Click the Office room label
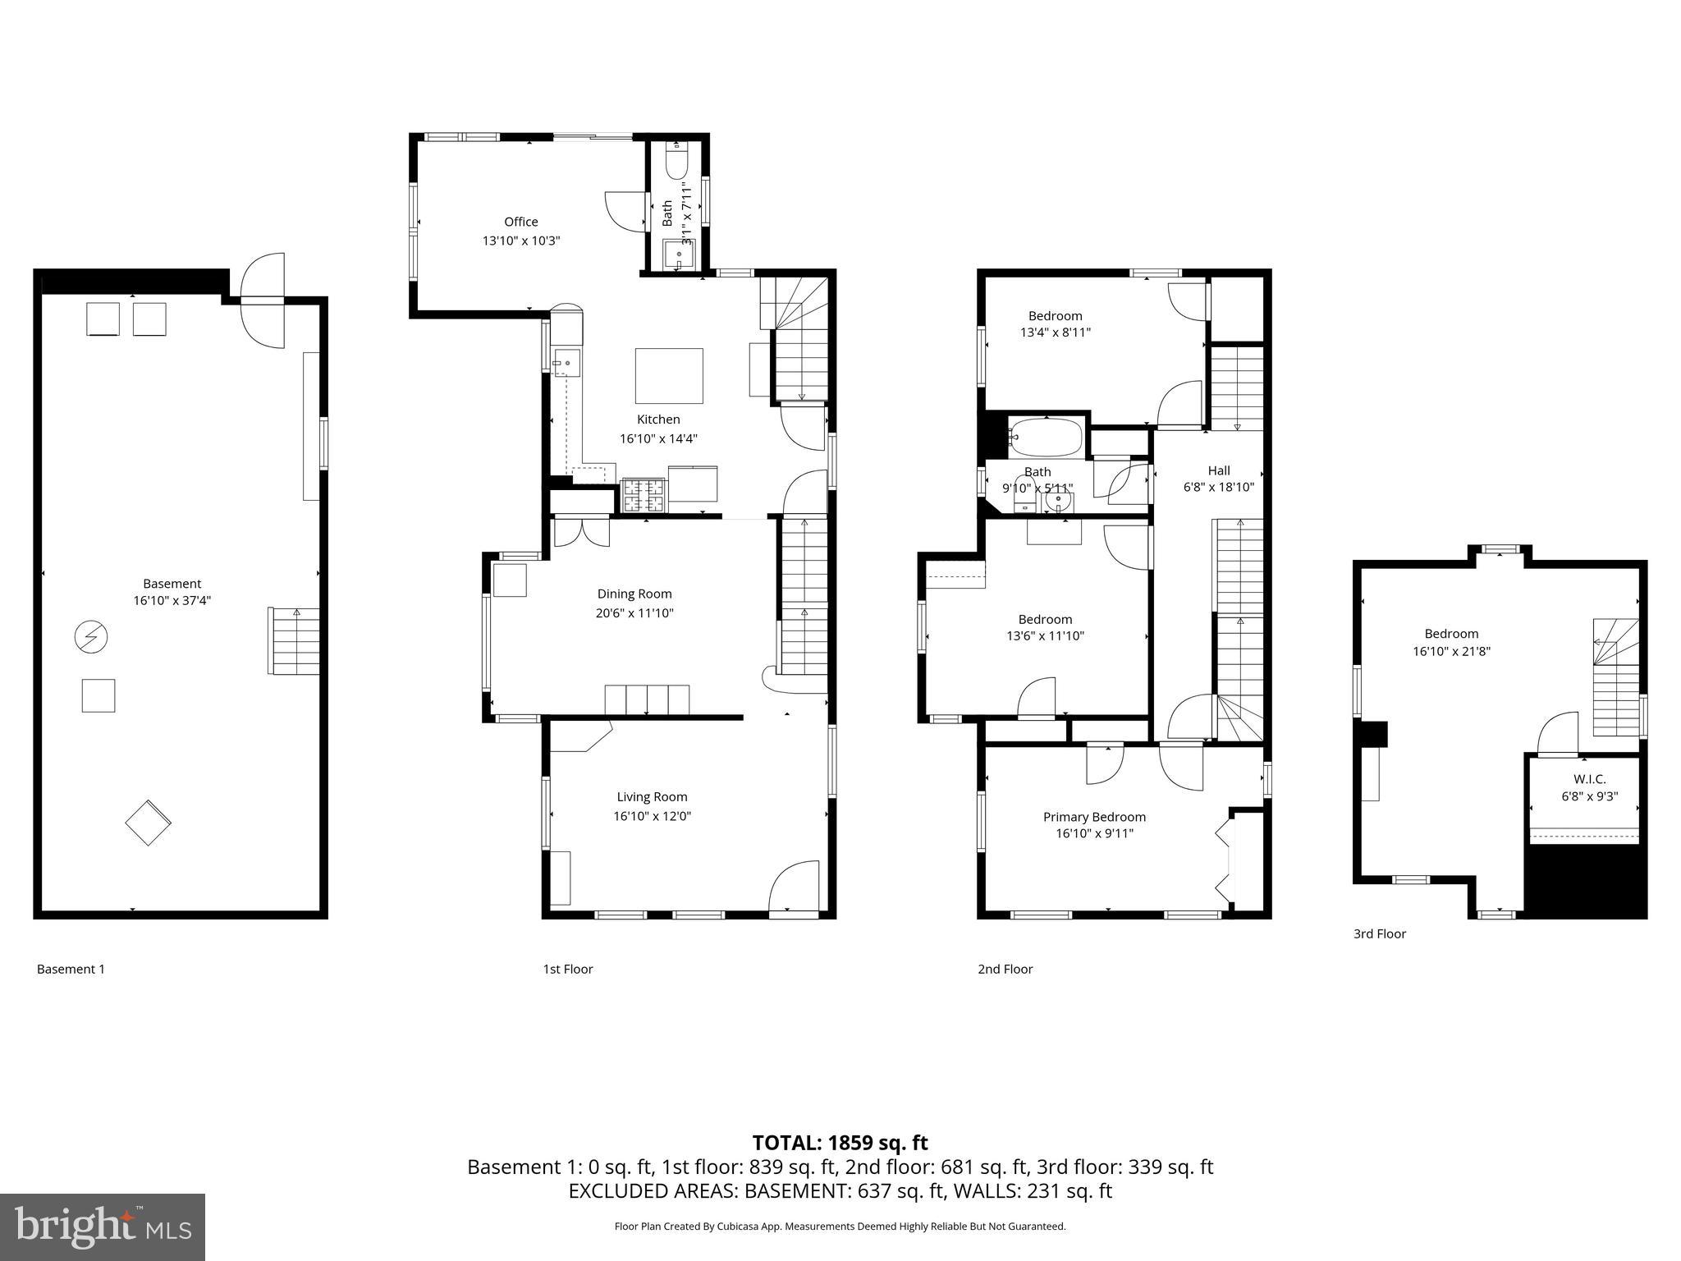520,222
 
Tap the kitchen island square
669,376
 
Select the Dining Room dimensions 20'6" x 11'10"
634,612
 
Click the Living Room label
652,796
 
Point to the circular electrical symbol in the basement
90,636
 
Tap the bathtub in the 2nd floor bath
1045,438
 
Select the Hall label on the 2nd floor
1218,470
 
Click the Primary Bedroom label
1093,817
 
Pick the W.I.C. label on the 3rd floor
1589,779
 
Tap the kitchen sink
566,362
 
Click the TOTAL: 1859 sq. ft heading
840,1142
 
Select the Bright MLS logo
103,1227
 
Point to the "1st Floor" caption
567,969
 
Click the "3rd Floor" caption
1379,933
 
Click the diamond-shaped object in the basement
148,822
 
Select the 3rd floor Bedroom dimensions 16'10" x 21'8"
1450,652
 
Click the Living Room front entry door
795,887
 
